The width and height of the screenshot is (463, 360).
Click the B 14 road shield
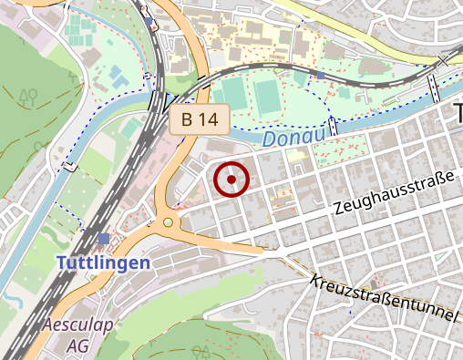[198, 118]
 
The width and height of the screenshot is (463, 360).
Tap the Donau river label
[293, 139]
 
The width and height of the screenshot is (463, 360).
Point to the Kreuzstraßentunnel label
[383, 298]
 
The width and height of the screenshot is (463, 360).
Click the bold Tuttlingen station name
[103, 262]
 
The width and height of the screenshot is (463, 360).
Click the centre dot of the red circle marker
[231, 180]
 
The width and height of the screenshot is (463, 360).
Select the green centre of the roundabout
[168, 221]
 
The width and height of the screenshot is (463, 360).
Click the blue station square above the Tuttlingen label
[104, 239]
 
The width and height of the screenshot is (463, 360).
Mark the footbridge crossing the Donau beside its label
[334, 127]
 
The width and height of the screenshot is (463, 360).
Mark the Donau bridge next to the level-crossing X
[434, 88]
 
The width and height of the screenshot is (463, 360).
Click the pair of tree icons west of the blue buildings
[28, 94]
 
